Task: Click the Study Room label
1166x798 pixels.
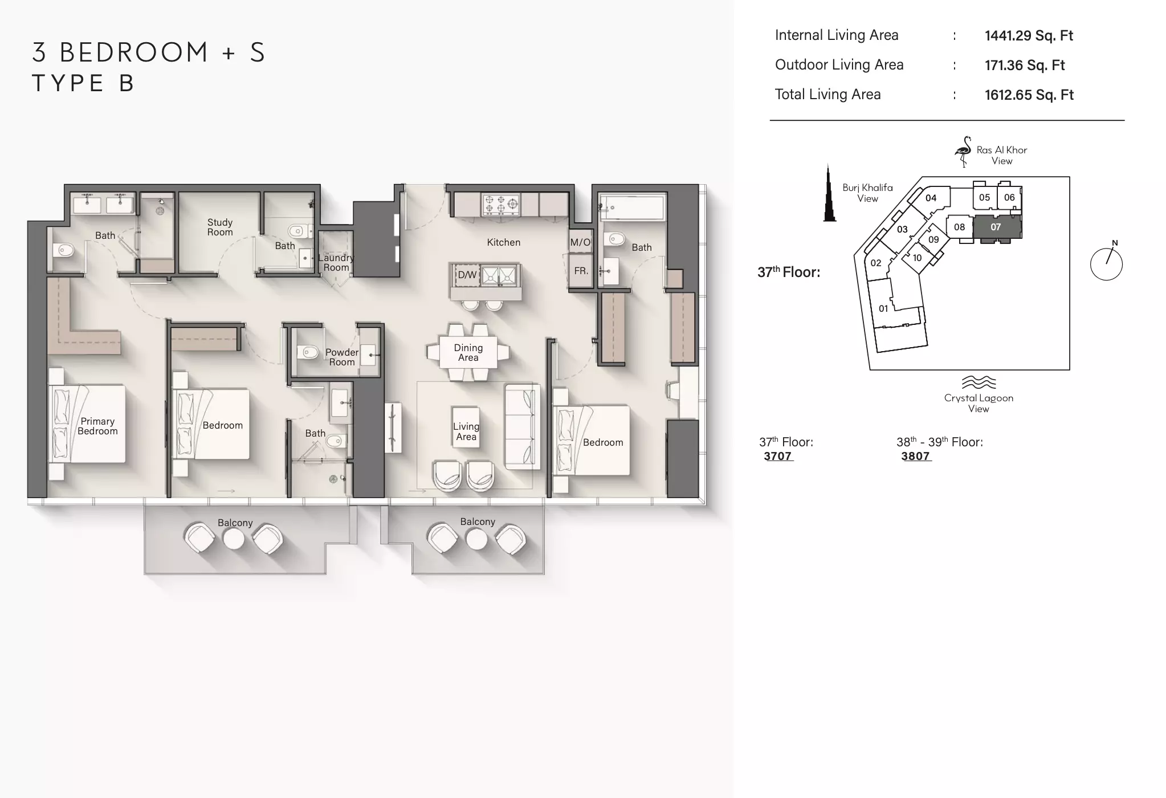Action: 220,227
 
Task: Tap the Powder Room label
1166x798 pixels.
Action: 342,357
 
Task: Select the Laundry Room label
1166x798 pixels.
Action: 336,262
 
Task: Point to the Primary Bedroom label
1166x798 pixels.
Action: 97,426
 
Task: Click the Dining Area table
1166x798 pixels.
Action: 468,352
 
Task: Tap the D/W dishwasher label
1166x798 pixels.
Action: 467,275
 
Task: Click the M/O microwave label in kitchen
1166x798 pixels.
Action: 580,242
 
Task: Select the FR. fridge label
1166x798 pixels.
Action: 581,271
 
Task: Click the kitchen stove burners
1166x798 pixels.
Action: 501,205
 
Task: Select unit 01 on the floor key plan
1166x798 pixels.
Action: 883,308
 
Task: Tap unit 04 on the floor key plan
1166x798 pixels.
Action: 931,198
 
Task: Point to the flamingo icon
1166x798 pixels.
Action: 963,151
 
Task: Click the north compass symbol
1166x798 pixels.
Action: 1107,262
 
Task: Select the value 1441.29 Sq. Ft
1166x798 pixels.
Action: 1029,35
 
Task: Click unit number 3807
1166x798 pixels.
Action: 916,456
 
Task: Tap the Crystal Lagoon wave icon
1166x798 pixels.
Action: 979,382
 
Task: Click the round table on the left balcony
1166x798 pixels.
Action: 234,539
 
